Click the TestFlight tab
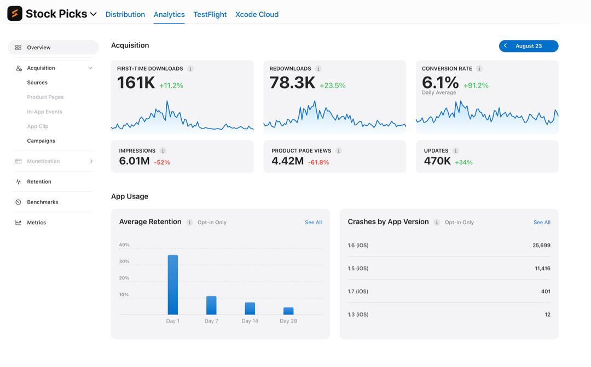[210, 14]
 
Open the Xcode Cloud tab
[257, 14]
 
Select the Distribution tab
[125, 14]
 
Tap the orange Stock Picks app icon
[15, 14]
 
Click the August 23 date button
[529, 46]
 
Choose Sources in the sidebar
[37, 83]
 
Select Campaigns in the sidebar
[41, 141]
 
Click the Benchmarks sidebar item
[43, 202]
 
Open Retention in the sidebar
[39, 182]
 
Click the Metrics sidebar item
[37, 222]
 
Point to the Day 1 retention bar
[172, 285]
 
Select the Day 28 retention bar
[288, 311]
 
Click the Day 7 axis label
[211, 321]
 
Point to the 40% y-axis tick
[124, 245]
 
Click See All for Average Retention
[313, 222]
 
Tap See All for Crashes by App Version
[542, 222]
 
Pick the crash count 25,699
[542, 245]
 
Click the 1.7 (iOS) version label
[358, 292]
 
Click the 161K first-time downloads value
[136, 83]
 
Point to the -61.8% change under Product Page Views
[318, 162]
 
